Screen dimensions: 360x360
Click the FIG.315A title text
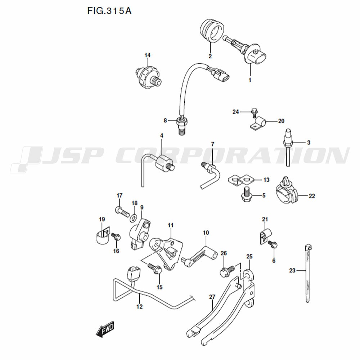pos(109,11)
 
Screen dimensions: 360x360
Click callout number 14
pos(148,55)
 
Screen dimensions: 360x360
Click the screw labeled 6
pos(273,244)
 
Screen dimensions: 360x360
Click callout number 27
pos(212,297)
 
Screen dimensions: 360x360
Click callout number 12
pos(139,307)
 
